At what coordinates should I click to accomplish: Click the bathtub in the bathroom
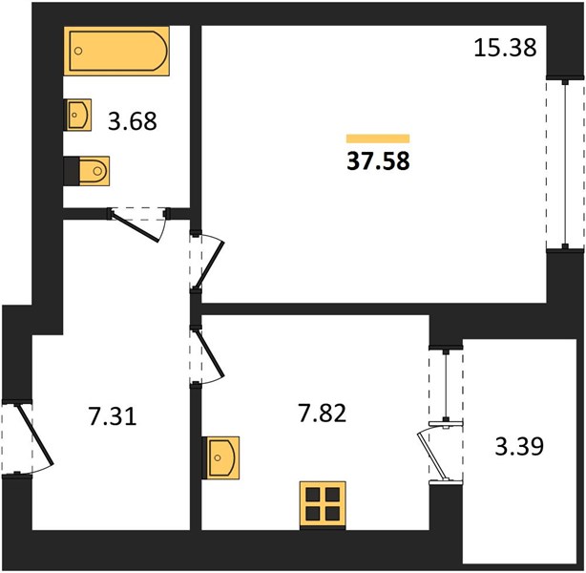pyautogui.click(x=116, y=52)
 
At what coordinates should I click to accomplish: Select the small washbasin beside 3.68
pyautogui.click(x=77, y=115)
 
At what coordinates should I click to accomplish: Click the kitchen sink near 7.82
pyautogui.click(x=220, y=457)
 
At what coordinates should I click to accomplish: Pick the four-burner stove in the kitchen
pyautogui.click(x=323, y=505)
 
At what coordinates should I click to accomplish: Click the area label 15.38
pyautogui.click(x=505, y=49)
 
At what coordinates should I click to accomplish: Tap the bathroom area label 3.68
pyautogui.click(x=133, y=121)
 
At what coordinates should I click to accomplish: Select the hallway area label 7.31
pyautogui.click(x=113, y=416)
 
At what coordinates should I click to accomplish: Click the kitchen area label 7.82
pyautogui.click(x=323, y=414)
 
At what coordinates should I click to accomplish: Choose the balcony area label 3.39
pyautogui.click(x=519, y=446)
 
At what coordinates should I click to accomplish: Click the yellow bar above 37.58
pyautogui.click(x=378, y=138)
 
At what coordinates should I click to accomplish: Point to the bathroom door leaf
pyautogui.click(x=136, y=227)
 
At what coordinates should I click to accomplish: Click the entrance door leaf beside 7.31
pyautogui.click(x=34, y=435)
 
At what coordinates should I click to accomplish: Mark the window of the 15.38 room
pyautogui.click(x=565, y=163)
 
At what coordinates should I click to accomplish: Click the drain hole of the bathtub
pyautogui.click(x=78, y=51)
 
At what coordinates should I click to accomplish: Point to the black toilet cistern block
pyautogui.click(x=72, y=171)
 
